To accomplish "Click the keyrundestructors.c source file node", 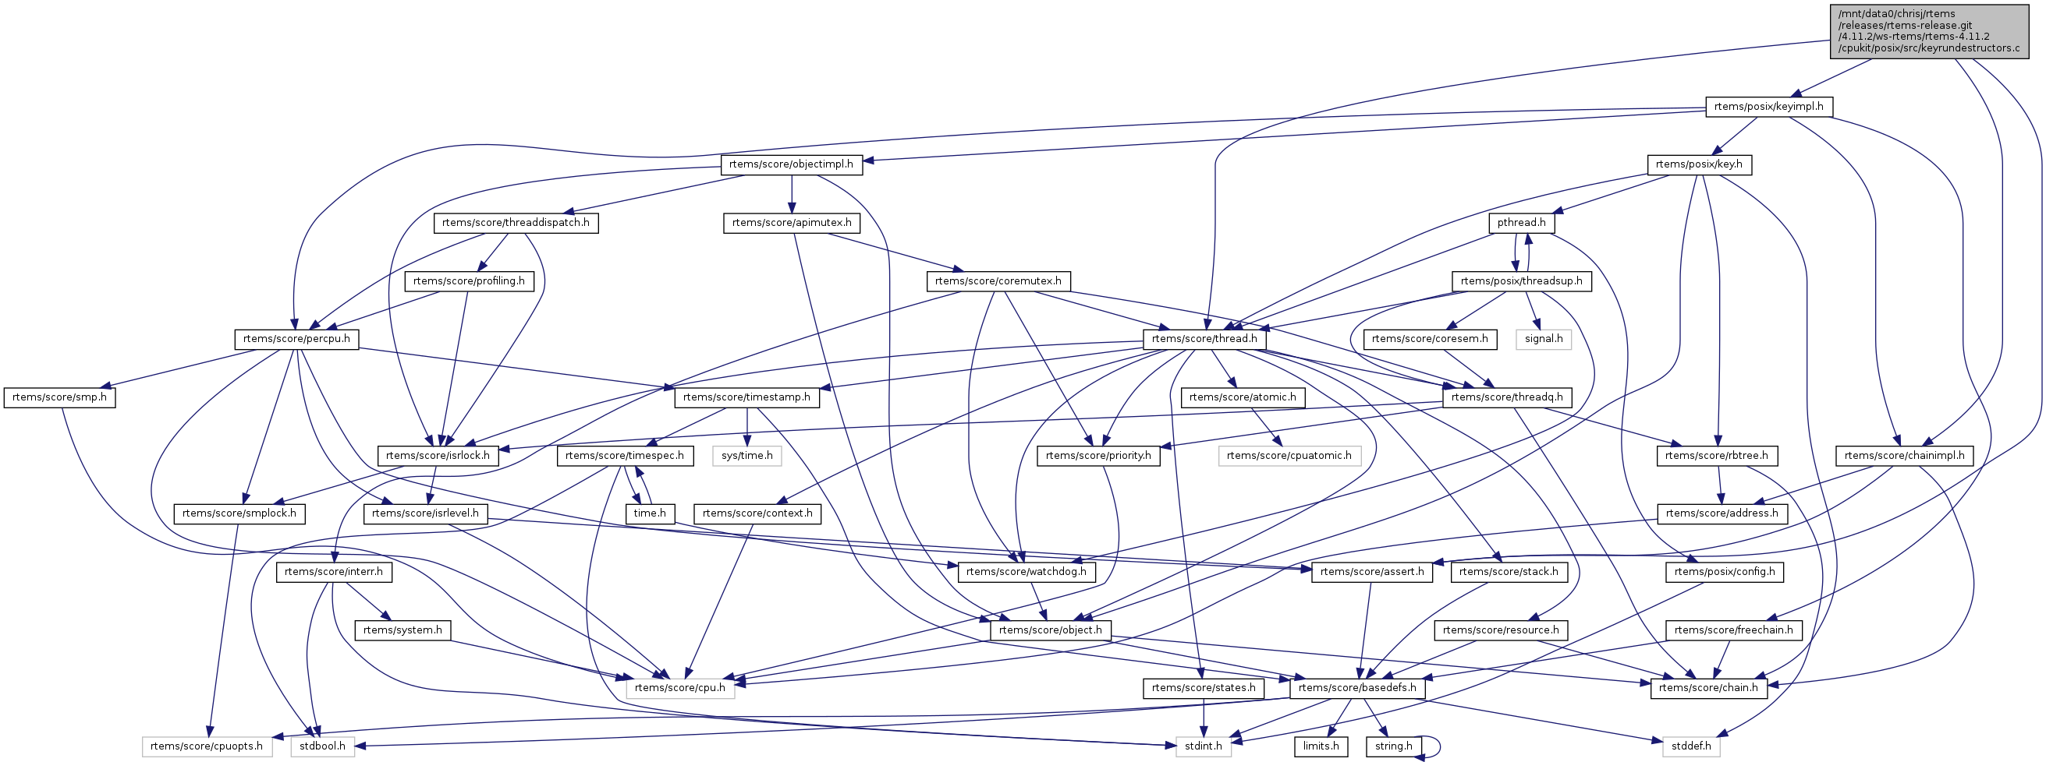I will [x=1928, y=31].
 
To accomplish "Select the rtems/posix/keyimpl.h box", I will [x=1769, y=107].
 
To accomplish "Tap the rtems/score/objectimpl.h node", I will [x=790, y=164].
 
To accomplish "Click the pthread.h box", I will [x=1521, y=223].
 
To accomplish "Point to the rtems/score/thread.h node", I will [x=1204, y=339].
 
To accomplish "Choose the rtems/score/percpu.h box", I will [x=296, y=339].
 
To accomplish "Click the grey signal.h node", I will [x=1543, y=339].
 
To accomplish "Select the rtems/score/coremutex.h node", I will [x=998, y=281].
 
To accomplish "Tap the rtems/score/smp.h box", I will [x=59, y=397].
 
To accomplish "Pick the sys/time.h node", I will [x=746, y=456].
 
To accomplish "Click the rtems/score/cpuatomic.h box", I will [x=1289, y=456].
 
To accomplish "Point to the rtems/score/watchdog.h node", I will [x=1027, y=572].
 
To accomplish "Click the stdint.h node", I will [x=1204, y=746].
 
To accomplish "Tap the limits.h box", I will [x=1321, y=746].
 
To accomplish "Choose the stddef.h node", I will [x=1691, y=746].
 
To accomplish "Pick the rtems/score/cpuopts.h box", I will [x=207, y=746].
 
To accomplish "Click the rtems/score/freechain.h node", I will [x=1734, y=630].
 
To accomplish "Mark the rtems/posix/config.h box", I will [x=1725, y=572].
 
